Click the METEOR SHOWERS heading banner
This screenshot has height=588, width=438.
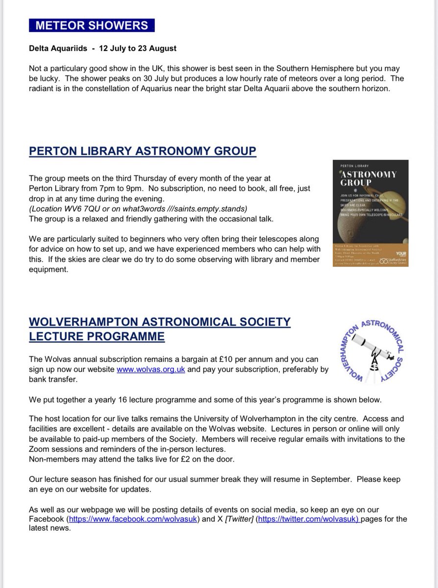pos(91,26)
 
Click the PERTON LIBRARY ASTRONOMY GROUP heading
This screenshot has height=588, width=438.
pos(142,150)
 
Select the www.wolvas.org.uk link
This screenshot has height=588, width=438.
pos(150,370)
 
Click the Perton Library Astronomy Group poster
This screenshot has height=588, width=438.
pos(370,213)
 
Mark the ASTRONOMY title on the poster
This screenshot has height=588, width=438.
pos(370,174)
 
